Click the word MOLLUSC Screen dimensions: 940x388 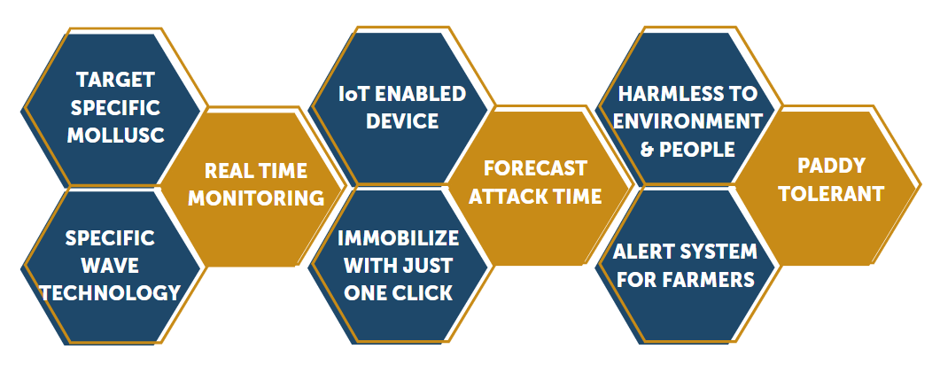click(116, 136)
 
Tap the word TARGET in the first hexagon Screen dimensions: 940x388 click(116, 79)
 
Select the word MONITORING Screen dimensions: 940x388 click(256, 198)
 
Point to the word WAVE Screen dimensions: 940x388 click(111, 265)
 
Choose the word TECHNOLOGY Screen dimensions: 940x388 click(111, 293)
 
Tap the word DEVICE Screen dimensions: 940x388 click(402, 121)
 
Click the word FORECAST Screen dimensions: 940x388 click(535, 168)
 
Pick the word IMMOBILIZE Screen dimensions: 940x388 click(398, 238)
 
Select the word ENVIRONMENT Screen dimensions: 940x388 click(688, 121)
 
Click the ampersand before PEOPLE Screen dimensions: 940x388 click(647, 150)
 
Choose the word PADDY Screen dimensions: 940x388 click(832, 166)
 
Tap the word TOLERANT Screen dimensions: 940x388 click(832, 194)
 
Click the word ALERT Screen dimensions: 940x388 click(641, 252)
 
